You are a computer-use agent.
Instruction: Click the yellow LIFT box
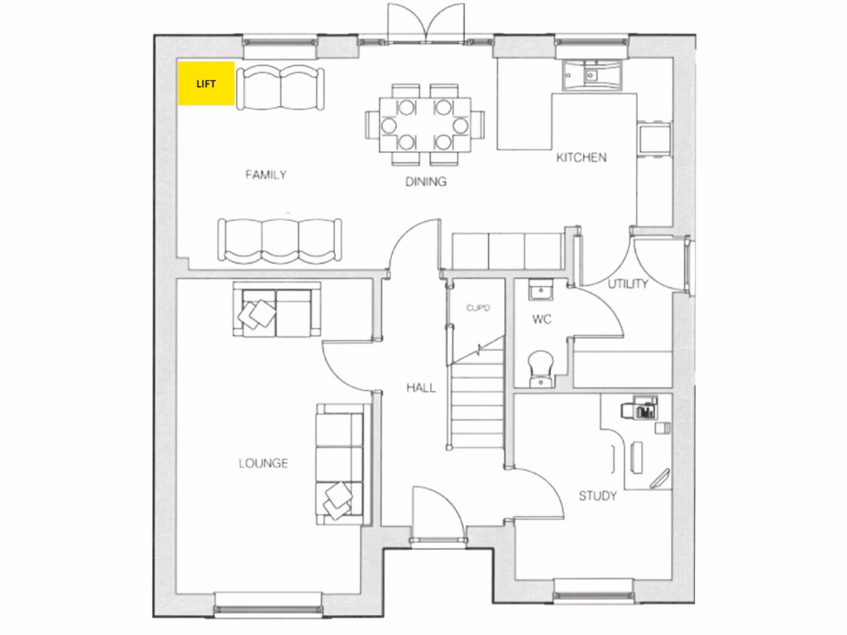pos(206,84)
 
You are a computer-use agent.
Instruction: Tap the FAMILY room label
pos(266,174)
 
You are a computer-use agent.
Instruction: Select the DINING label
pos(426,182)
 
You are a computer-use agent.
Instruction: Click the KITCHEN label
pos(581,157)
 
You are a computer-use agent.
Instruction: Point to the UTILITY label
pos(628,284)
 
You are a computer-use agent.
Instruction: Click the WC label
pos(542,318)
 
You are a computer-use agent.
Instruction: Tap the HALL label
pos(420,388)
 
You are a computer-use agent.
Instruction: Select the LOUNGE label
pos(263,463)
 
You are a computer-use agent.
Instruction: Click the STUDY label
pos(597,496)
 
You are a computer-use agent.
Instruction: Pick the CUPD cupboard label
pos(478,308)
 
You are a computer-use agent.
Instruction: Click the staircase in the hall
pos(477,397)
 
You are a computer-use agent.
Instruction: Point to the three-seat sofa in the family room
pos(280,240)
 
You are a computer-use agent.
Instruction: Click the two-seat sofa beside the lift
pos(280,88)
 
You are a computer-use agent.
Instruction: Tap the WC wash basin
pos(542,291)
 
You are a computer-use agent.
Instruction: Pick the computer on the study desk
pos(643,408)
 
